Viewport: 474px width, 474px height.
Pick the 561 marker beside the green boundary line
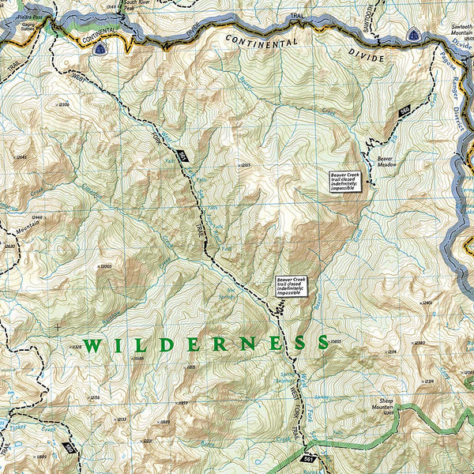(x=308, y=457)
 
